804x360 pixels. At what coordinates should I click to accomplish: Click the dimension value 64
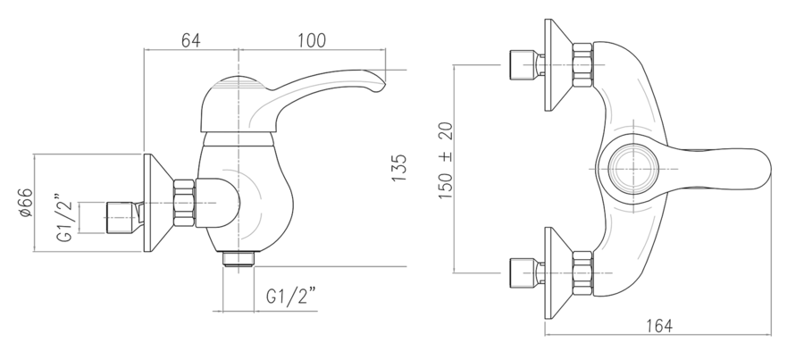[x=191, y=40]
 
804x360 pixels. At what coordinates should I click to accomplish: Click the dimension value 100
[x=312, y=40]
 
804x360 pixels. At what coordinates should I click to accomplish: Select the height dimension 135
[x=399, y=168]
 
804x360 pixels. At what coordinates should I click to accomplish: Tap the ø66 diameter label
[x=26, y=203]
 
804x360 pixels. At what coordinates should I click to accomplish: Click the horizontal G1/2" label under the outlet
[x=290, y=296]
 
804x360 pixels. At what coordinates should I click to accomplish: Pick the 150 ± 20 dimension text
[x=446, y=161]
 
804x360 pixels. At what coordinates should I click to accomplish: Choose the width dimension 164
[x=659, y=326]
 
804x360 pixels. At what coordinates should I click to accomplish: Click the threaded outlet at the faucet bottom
[x=239, y=259]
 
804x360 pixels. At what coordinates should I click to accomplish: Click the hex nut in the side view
[x=184, y=203]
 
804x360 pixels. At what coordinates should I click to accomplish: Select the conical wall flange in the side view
[x=158, y=203]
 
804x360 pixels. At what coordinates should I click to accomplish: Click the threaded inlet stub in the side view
[x=122, y=217]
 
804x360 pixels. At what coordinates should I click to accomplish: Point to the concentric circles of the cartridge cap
[x=633, y=169]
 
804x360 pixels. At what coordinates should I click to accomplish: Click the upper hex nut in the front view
[x=582, y=65]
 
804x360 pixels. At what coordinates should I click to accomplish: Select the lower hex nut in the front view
[x=582, y=273]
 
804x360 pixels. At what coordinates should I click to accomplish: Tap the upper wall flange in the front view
[x=558, y=65]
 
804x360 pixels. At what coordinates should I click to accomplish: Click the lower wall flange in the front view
[x=558, y=273]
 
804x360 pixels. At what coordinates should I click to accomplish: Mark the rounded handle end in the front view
[x=758, y=169]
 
